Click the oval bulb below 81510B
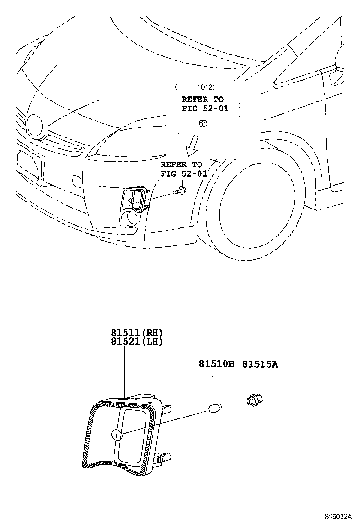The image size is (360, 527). [x=215, y=408]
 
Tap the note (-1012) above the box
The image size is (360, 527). [x=195, y=87]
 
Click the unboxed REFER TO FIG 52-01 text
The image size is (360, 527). [x=184, y=169]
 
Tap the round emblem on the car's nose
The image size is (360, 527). [x=34, y=124]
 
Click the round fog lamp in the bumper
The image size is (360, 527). [x=130, y=218]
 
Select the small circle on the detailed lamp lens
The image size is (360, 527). [x=117, y=436]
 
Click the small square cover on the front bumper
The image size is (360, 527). [x=75, y=181]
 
